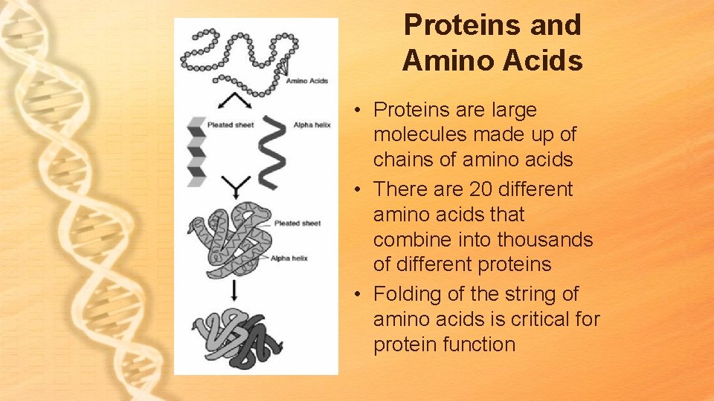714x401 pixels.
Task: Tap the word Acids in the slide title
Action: [547, 61]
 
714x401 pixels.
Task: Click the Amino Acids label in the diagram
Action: [307, 80]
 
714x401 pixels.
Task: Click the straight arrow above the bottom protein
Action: [235, 290]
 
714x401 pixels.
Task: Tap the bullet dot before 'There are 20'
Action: [358, 190]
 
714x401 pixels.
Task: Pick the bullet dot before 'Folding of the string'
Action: [358, 295]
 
